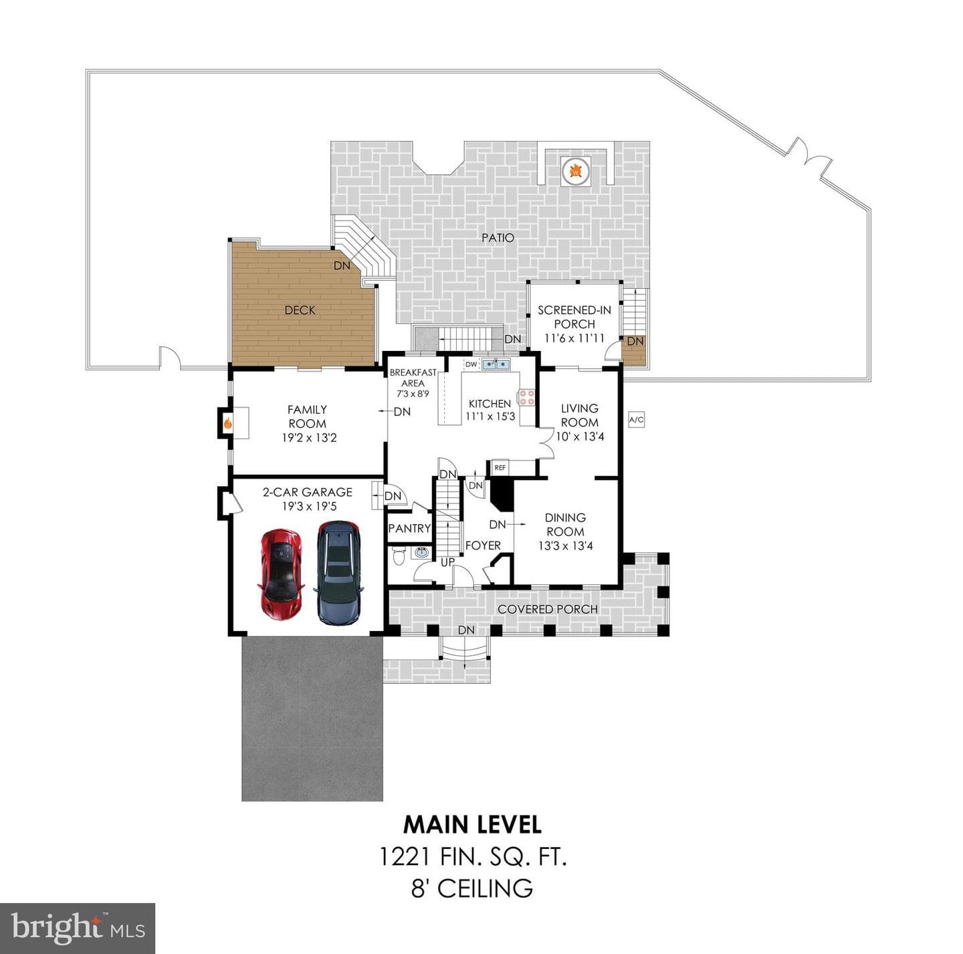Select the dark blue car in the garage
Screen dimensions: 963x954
coord(339,573)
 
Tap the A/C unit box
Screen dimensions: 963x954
coord(636,419)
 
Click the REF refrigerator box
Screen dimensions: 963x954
coord(500,467)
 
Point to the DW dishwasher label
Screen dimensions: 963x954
coord(471,364)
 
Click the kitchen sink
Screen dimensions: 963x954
coord(496,364)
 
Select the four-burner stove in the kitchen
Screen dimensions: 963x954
coord(526,397)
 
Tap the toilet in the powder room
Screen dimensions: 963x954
coord(399,556)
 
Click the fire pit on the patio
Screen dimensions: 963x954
coord(576,172)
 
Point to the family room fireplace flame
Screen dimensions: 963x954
coord(227,423)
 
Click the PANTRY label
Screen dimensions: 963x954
coord(409,528)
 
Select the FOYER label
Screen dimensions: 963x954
coord(483,546)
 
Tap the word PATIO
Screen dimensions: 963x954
coord(498,237)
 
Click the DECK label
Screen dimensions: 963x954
coord(300,310)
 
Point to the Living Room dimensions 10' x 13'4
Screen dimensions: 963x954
coord(580,437)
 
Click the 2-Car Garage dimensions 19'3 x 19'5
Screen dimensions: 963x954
coord(310,506)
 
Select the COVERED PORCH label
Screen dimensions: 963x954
coord(548,609)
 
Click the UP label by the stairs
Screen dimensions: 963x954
coord(447,562)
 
